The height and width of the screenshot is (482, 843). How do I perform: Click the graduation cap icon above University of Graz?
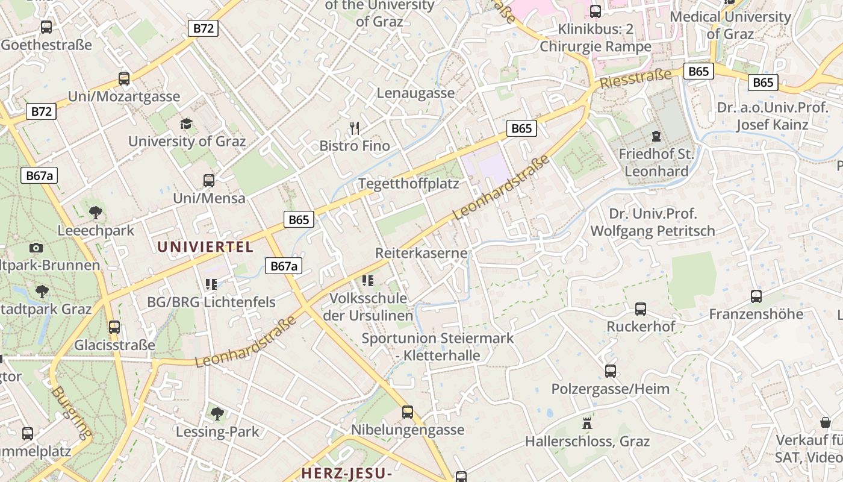click(x=187, y=124)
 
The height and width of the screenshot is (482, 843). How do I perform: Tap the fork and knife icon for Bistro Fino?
click(x=355, y=128)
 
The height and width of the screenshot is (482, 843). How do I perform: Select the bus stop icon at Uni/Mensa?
click(x=209, y=180)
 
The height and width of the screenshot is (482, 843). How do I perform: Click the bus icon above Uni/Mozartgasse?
click(x=124, y=78)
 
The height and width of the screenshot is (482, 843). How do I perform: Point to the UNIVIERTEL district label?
click(x=205, y=246)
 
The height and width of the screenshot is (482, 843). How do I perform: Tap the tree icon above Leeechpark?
click(x=95, y=212)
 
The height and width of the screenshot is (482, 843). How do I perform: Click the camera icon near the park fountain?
click(x=36, y=248)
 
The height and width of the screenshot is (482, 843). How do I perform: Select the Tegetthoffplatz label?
click(x=408, y=183)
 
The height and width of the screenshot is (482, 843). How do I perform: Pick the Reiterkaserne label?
click(x=421, y=252)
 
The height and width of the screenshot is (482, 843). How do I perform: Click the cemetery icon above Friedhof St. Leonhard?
click(x=656, y=136)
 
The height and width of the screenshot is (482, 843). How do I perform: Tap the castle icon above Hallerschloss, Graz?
click(x=587, y=423)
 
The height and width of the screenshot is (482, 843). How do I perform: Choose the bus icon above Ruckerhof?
click(x=641, y=308)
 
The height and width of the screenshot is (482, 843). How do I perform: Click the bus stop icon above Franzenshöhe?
click(x=756, y=296)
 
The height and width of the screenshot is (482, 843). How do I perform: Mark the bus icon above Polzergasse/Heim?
click(x=611, y=371)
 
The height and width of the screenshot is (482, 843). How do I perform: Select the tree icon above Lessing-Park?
click(x=217, y=413)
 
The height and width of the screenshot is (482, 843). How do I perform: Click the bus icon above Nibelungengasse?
click(x=408, y=412)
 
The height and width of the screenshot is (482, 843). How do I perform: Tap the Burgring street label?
click(x=72, y=412)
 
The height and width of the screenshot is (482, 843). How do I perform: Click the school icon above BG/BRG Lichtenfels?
click(x=211, y=283)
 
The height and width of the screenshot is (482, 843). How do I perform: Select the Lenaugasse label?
click(x=415, y=93)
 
